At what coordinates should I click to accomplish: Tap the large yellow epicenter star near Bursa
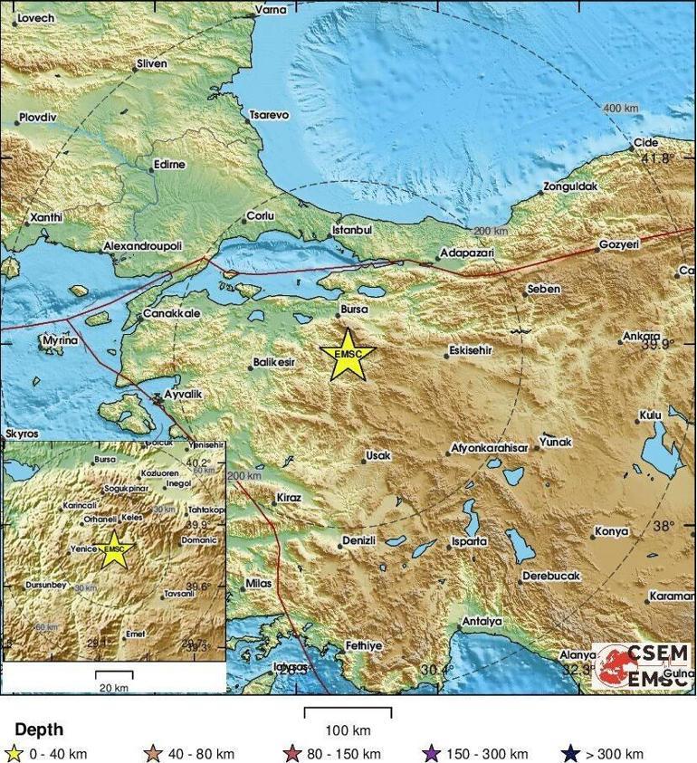click(348, 355)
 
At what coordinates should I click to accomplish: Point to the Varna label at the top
click(270, 9)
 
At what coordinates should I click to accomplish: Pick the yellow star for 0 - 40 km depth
click(13, 753)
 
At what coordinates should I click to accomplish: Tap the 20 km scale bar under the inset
click(114, 675)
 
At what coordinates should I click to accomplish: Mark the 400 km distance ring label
click(620, 109)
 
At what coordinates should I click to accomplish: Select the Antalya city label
click(482, 622)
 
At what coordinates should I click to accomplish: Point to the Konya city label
click(610, 532)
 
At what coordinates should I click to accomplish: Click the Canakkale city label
click(171, 314)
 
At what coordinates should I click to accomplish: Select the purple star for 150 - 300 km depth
click(431, 753)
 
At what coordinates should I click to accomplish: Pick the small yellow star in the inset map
click(114, 550)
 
